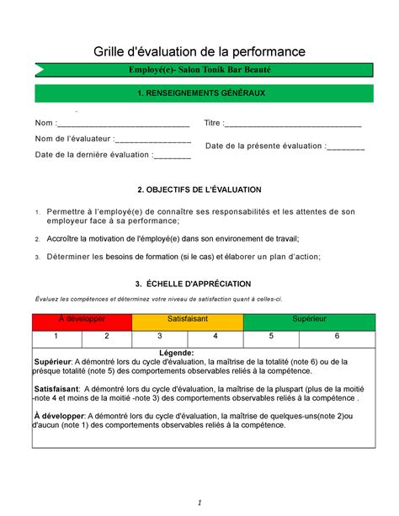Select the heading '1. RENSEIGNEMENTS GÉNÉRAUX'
199,93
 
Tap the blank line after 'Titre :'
295,125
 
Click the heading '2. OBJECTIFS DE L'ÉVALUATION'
199,190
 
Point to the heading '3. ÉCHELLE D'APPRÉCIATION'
199,285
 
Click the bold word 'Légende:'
199,353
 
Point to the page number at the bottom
199,503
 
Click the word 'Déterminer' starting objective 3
70,257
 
